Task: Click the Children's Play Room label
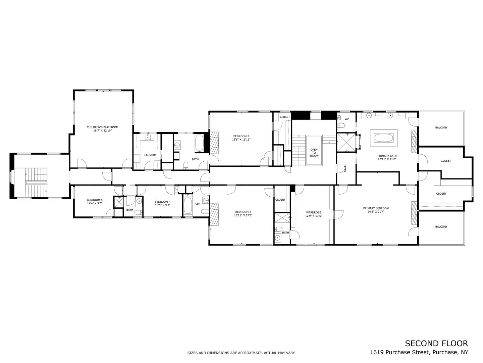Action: tap(102, 127)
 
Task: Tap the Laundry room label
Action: tap(150, 155)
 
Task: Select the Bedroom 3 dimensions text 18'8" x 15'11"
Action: tap(241, 139)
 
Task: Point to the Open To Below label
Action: tap(314, 153)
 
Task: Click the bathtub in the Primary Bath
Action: tap(383, 138)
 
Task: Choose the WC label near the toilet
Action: tap(347, 119)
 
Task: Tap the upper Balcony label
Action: tap(441, 127)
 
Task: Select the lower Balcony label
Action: tap(441, 227)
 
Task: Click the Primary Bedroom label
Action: tap(376, 208)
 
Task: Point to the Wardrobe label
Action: tap(314, 212)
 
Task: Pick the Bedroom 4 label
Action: tap(162, 202)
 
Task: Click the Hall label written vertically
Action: tap(345, 169)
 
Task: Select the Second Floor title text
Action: tap(436, 343)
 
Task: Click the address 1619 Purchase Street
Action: tap(399, 352)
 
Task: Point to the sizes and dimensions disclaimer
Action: tap(241, 353)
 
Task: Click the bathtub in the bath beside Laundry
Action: tap(199, 144)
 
